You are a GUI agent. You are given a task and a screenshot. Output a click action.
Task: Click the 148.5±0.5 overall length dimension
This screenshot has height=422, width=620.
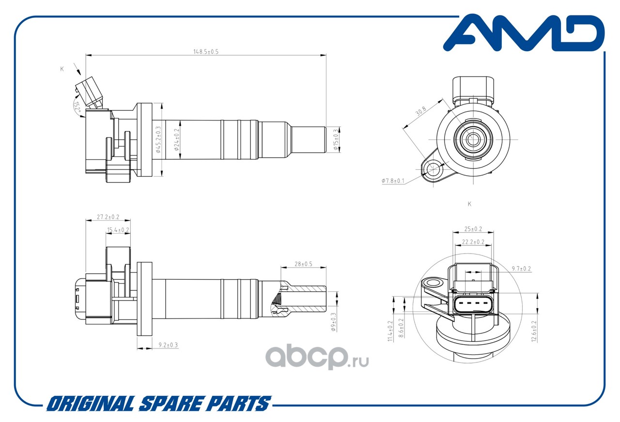[206, 52]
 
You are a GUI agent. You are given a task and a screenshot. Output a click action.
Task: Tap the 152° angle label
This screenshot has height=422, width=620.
[77, 106]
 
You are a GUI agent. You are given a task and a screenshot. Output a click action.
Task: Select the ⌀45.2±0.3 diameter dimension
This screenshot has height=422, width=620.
[158, 140]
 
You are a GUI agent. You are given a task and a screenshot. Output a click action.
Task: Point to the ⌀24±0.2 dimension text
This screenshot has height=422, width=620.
[177, 140]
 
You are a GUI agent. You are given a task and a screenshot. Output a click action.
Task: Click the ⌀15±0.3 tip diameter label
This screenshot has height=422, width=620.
[336, 140]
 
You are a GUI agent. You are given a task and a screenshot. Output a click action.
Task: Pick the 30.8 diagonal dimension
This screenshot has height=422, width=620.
[420, 111]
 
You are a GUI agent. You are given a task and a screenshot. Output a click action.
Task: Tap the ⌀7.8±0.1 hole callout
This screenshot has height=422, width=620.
[393, 181]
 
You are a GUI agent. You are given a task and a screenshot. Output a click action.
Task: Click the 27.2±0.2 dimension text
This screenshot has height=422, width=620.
[108, 217]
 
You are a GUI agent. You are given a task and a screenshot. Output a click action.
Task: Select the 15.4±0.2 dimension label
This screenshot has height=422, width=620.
[118, 230]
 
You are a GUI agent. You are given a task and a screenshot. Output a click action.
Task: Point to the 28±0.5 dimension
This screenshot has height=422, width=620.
[303, 264]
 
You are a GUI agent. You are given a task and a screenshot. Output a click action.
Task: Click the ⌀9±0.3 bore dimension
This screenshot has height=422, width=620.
[333, 322]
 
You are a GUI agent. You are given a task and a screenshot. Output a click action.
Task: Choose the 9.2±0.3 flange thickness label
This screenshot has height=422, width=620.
[168, 345]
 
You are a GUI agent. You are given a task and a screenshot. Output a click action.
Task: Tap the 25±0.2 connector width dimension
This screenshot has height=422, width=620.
[473, 229]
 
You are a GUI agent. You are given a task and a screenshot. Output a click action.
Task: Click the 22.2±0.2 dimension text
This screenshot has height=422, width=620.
[473, 242]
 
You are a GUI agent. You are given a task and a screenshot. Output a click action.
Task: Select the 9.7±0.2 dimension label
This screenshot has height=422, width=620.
[521, 269]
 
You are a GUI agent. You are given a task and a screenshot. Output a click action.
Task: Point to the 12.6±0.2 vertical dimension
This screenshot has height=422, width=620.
[534, 332]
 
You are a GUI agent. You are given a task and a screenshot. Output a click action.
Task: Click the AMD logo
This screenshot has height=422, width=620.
[524, 33]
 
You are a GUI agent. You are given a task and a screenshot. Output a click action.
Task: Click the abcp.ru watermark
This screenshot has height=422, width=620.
[317, 357]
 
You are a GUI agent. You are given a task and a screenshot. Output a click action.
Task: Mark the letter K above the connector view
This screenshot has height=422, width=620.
[469, 204]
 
